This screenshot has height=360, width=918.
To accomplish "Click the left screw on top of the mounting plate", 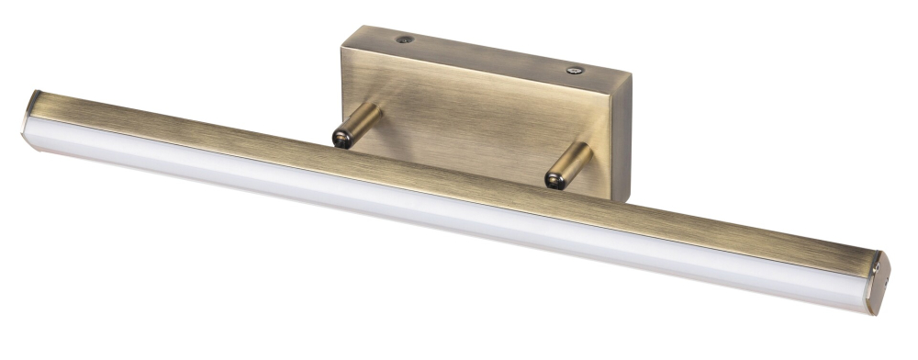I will (x=405, y=40).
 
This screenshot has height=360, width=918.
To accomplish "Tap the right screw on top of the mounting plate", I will (x=574, y=68).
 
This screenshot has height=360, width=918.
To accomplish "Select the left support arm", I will (x=357, y=126).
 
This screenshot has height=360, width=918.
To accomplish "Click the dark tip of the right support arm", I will (x=553, y=179).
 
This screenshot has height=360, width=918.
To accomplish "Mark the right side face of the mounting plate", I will (x=621, y=138).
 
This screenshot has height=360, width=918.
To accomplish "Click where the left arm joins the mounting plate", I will (x=373, y=112).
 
